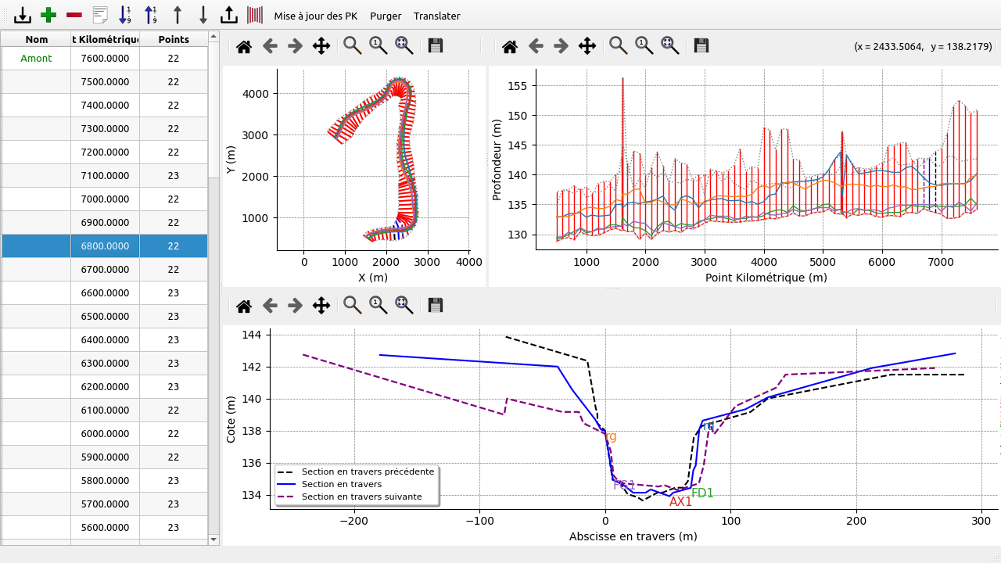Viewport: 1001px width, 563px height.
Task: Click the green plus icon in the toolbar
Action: [x=48, y=15]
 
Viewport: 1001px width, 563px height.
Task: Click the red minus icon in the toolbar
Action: [x=74, y=15]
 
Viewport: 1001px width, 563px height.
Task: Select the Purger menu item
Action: [x=386, y=16]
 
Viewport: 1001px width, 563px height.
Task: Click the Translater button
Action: [x=436, y=16]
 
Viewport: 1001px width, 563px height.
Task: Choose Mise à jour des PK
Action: [x=316, y=16]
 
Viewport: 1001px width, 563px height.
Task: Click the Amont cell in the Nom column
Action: [x=36, y=59]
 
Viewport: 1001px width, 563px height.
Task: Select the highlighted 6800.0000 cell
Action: [x=105, y=246]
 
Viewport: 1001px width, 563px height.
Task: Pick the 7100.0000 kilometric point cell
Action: [x=105, y=176]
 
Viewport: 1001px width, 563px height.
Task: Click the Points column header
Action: [x=174, y=39]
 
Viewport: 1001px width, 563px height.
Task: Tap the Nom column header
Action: [x=36, y=39]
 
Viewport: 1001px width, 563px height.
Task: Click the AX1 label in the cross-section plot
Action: [x=680, y=502]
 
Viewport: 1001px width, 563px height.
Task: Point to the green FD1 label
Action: [x=702, y=493]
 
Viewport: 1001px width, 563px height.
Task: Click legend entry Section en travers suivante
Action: [x=362, y=497]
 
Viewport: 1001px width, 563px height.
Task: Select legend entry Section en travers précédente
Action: [x=368, y=472]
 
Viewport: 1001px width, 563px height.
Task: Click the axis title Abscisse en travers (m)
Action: [x=633, y=536]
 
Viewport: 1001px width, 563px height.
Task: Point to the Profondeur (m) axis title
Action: [x=497, y=160]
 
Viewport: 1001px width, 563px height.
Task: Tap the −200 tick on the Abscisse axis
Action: [x=354, y=520]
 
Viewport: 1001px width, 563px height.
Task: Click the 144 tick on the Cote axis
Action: [x=252, y=335]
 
